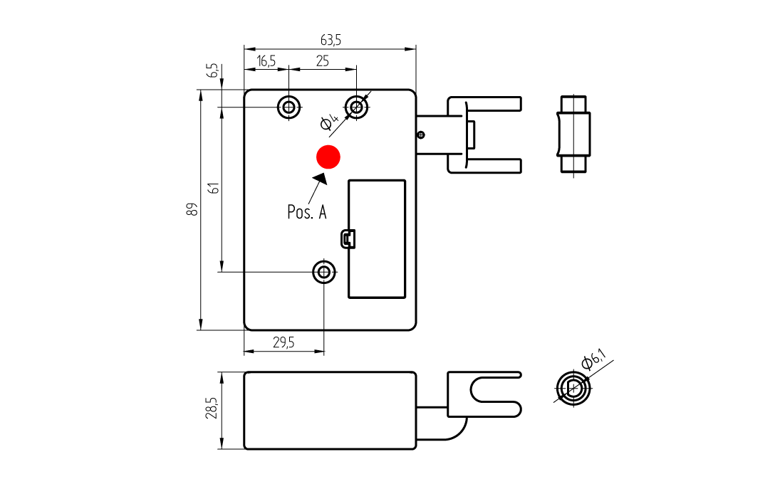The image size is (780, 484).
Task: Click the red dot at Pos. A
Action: pyautogui.click(x=328, y=157)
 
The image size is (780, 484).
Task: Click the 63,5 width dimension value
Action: pyautogui.click(x=331, y=40)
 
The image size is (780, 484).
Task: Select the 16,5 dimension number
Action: pyautogui.click(x=266, y=61)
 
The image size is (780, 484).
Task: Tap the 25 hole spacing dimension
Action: pyautogui.click(x=323, y=61)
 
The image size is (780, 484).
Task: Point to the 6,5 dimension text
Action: pyautogui.click(x=213, y=70)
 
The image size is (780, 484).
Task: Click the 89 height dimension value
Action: pyautogui.click(x=192, y=209)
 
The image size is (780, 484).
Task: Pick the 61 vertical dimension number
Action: pyautogui.click(x=214, y=189)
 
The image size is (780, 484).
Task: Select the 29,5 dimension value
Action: pyautogui.click(x=284, y=342)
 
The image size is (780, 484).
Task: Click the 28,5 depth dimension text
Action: pyautogui.click(x=212, y=408)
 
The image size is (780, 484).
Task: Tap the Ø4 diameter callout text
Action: pyautogui.click(x=329, y=122)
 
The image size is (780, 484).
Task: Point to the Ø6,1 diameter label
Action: pyautogui.click(x=594, y=359)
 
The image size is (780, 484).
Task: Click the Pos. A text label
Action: pyautogui.click(x=307, y=212)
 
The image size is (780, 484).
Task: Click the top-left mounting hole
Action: pyautogui.click(x=288, y=106)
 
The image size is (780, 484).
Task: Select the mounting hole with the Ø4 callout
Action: pyautogui.click(x=356, y=106)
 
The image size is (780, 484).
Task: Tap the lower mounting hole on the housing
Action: pyautogui.click(x=324, y=272)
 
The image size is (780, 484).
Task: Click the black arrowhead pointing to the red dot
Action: pyautogui.click(x=321, y=179)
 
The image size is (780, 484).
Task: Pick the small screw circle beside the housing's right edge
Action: pyautogui.click(x=421, y=135)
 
